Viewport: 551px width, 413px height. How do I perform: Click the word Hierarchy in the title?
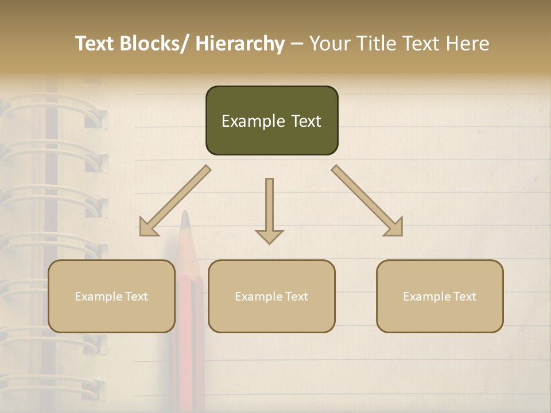point(240,44)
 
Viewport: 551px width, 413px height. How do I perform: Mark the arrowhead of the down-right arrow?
point(395,228)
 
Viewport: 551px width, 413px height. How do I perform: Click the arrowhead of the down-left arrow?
point(147,228)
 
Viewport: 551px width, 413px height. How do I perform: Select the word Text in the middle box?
point(296,297)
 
